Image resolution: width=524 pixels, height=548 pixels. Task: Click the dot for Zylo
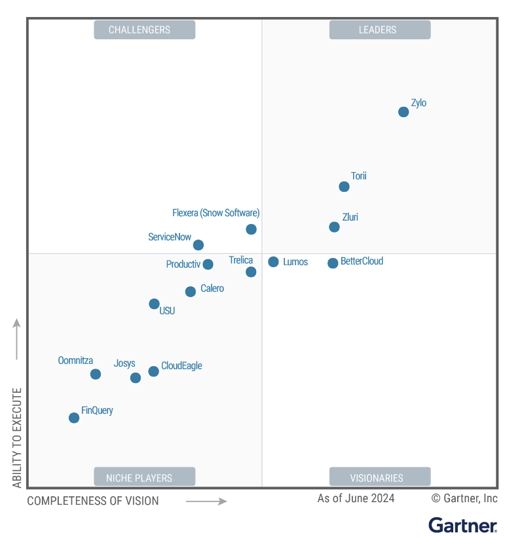coord(403,112)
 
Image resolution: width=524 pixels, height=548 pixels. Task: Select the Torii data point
coord(344,187)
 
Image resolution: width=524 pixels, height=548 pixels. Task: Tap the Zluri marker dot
coord(334,227)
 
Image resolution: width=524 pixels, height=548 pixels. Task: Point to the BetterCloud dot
coord(333,263)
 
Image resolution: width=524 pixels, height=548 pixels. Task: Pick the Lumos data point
coord(273,262)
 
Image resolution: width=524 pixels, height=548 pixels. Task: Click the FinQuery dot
coord(74,418)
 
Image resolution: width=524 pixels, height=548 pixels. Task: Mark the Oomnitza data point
coord(96,374)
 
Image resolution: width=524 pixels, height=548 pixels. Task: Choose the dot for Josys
coord(136,378)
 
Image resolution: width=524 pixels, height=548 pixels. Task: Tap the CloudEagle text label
coord(181,366)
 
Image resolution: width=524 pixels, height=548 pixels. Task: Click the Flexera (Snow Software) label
coord(216,213)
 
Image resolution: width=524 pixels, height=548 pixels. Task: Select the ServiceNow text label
coord(170,237)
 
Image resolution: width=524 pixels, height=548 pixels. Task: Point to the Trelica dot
coord(251,272)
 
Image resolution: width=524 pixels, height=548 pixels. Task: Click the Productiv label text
coord(183,265)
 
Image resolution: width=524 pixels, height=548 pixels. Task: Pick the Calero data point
coord(190,291)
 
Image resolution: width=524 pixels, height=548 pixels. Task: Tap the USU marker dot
coord(154,304)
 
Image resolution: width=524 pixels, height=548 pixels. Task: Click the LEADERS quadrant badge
coord(380,29)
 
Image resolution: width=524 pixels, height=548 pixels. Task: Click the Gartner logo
coord(463,525)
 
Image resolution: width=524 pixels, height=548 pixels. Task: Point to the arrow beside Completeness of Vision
coord(206,502)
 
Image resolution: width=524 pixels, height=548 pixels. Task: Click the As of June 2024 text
coord(356,498)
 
